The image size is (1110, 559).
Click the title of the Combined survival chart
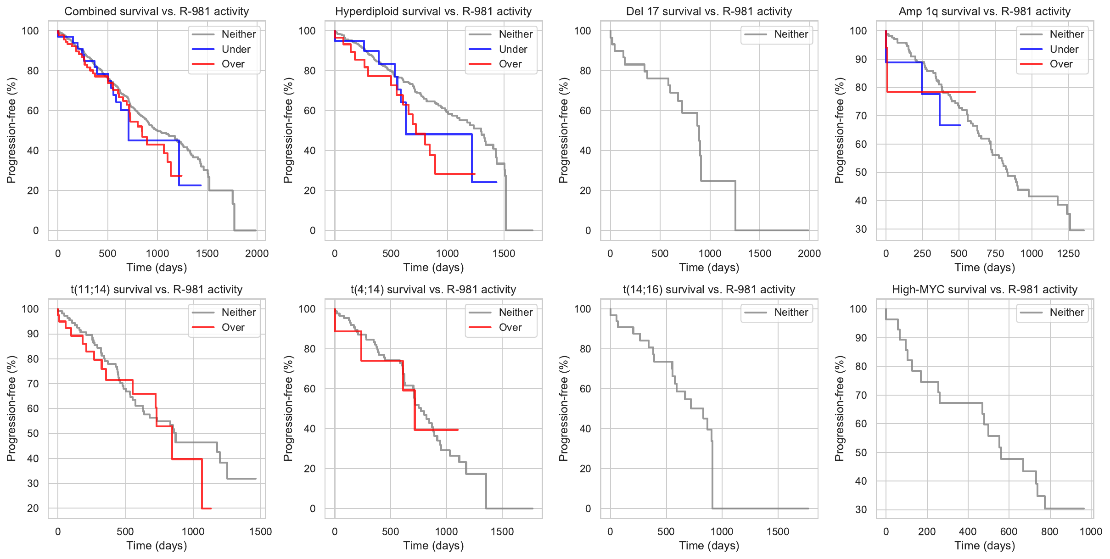[x=157, y=11]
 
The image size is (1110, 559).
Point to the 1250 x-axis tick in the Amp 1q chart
[x=1068, y=254]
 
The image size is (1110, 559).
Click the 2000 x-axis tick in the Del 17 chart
[x=809, y=254]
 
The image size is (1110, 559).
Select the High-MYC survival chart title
[x=984, y=290]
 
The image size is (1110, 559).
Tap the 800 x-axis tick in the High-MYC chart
[x=1050, y=532]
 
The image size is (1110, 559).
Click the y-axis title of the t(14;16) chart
[x=564, y=408]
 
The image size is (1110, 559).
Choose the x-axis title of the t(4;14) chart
[x=433, y=546]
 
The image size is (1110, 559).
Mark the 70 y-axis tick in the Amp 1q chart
[x=861, y=116]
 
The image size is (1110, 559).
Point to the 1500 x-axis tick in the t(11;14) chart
[x=261, y=532]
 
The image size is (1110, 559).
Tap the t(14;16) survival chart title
[x=709, y=290]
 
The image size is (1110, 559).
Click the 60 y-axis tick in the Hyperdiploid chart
[x=310, y=111]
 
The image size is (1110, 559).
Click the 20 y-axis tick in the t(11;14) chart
[x=33, y=508]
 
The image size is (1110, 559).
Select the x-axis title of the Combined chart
[x=157, y=268]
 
